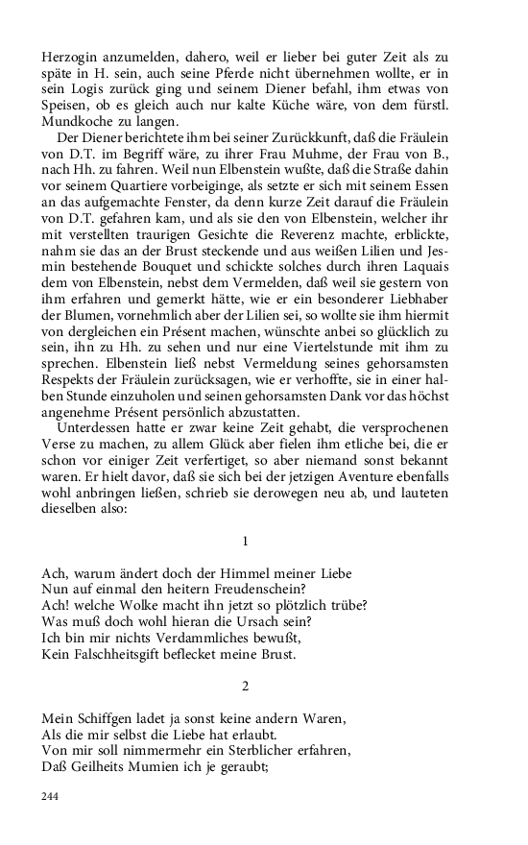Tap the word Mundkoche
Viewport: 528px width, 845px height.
coord(80,124)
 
